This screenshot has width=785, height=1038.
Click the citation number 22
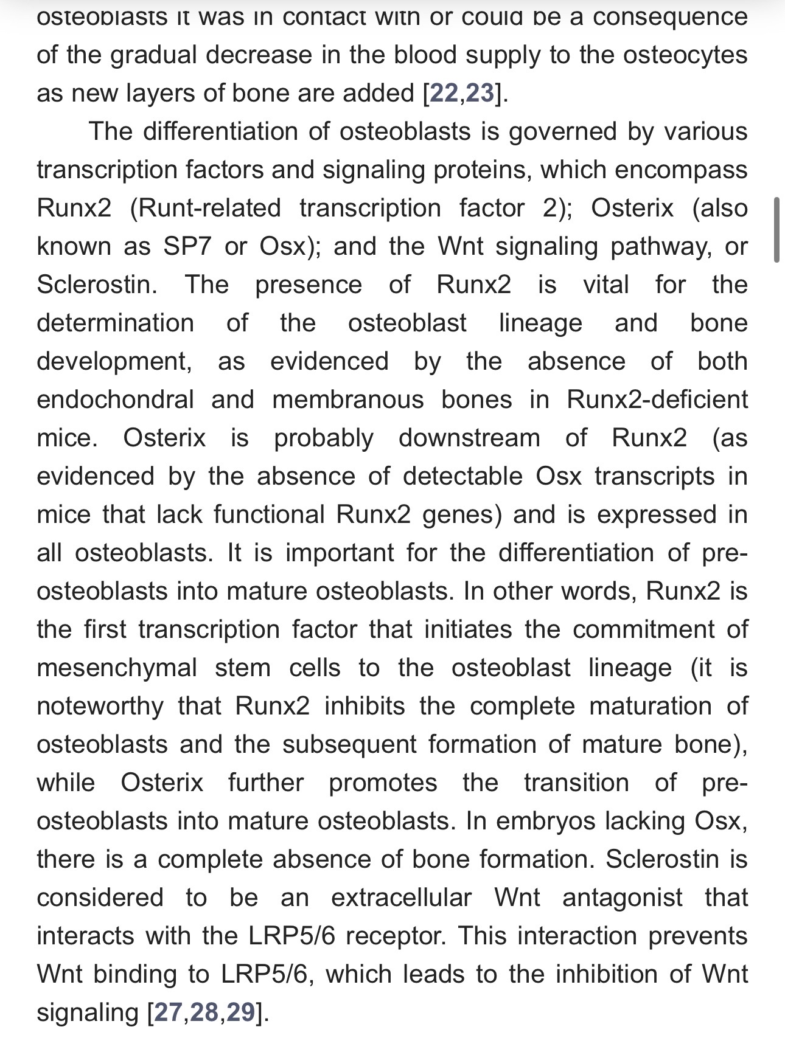444,93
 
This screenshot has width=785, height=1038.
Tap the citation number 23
480,93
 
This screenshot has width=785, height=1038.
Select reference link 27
169,1012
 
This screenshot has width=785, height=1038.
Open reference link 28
204,1012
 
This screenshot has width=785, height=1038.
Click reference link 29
240,1012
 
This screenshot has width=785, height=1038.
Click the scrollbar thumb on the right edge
776,229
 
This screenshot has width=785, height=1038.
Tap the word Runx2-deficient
657,400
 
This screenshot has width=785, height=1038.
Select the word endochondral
116,400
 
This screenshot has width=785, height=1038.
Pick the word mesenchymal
117,668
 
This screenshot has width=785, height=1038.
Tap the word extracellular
401,898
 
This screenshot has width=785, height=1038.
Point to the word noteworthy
100,706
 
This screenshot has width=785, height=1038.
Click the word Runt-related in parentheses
205,208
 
